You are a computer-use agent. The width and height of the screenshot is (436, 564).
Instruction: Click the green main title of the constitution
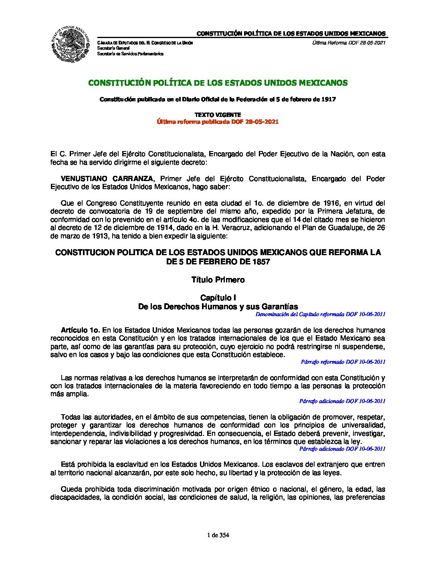click(218, 83)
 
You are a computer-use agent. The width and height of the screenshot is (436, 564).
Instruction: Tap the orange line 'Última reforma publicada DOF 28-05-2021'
click(218, 122)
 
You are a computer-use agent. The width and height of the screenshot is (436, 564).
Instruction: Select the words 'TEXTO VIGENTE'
click(218, 115)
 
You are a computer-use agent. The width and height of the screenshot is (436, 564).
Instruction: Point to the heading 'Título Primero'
click(218, 280)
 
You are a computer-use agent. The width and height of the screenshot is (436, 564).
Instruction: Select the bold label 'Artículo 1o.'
click(80, 330)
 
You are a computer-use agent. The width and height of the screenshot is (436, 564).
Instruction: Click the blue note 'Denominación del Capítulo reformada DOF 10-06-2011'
click(320, 314)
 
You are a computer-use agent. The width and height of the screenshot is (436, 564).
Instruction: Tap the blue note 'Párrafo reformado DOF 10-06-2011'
click(343, 362)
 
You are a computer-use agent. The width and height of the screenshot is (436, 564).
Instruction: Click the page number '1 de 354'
click(218, 535)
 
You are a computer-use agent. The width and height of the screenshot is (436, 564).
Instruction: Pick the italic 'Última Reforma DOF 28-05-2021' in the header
click(349, 43)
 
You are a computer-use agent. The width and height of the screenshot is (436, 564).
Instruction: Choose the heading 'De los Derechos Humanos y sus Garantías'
click(218, 307)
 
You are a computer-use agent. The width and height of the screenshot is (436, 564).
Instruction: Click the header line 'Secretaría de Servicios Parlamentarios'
click(131, 54)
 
